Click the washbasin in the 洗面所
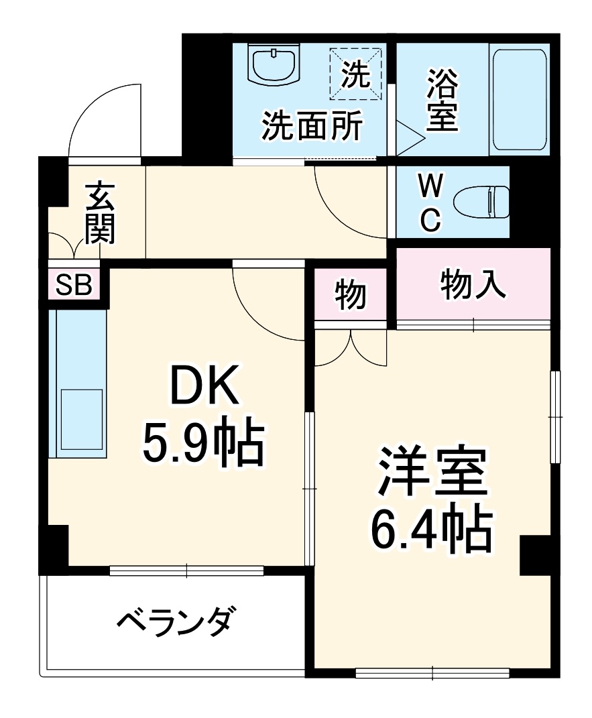point(276,66)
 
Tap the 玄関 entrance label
point(99,213)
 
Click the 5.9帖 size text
point(201,444)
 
